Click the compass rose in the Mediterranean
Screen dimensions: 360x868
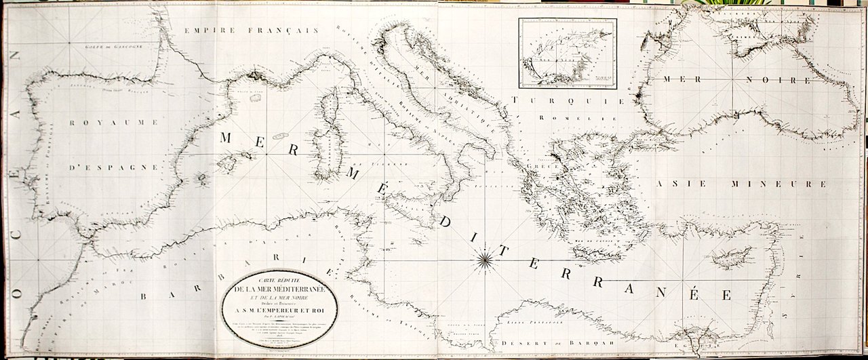486,257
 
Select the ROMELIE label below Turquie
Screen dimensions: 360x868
566,117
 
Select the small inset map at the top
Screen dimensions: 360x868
568,54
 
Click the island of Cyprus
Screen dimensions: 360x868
729,258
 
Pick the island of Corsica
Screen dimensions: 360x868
330,108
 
